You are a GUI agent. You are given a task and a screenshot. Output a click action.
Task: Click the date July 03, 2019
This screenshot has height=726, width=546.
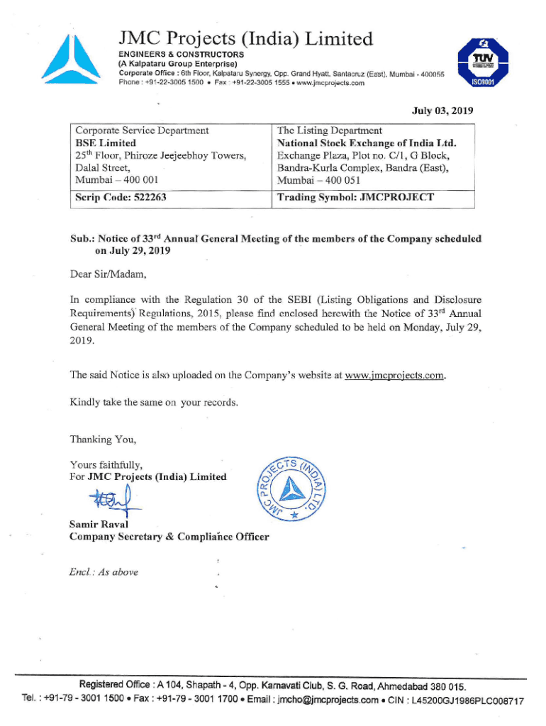coord(442,111)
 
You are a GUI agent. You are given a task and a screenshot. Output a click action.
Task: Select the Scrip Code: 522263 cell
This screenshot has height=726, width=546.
coord(121,197)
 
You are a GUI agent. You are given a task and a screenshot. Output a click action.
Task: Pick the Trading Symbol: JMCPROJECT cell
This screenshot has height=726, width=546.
coord(355,197)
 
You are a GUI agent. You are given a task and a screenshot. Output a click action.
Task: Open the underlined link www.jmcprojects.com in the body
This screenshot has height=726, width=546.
coord(395,375)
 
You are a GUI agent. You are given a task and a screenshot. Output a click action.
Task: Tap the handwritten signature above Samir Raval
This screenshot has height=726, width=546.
coord(106,501)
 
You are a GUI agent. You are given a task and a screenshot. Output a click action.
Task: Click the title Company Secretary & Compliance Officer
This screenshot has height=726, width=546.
coord(169,537)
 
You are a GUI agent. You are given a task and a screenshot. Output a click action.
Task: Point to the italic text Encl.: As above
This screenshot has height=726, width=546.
coord(104,572)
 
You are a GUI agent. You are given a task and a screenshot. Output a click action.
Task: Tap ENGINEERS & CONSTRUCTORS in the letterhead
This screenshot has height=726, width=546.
coord(181,55)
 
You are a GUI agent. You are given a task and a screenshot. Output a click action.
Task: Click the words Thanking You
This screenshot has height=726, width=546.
coord(103,440)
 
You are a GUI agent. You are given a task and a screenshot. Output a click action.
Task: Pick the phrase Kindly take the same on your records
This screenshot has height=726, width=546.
coord(154,403)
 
